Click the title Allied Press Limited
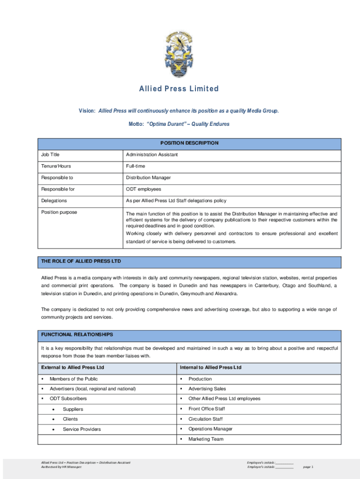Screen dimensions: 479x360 pyautogui.click(x=179, y=89)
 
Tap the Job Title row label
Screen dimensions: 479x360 pyautogui.click(x=50, y=154)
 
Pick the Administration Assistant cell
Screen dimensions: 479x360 pyautogui.click(x=151, y=154)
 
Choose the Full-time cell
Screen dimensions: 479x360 pyautogui.click(x=135, y=166)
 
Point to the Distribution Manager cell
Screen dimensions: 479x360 pyautogui.click(x=148, y=178)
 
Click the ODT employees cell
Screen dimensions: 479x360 pyautogui.click(x=143, y=189)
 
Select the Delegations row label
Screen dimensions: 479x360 pyautogui.click(x=54, y=201)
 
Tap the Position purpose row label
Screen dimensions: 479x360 pyautogui.click(x=59, y=212)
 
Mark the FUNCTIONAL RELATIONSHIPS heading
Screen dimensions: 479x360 pyautogui.click(x=77, y=335)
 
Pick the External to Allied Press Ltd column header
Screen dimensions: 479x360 pyautogui.click(x=72, y=368)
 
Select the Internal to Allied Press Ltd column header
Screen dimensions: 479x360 pyautogui.click(x=210, y=368)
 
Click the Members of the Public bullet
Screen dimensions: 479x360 pyautogui.click(x=73, y=379)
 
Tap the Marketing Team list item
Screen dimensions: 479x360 pyautogui.click(x=206, y=439)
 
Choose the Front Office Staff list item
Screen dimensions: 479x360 pyautogui.click(x=207, y=409)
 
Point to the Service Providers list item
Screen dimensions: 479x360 pyautogui.click(x=82, y=429)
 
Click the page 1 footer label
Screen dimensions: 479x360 pyautogui.click(x=308, y=467)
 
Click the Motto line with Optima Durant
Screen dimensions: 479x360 pyautogui.click(x=179, y=124)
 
